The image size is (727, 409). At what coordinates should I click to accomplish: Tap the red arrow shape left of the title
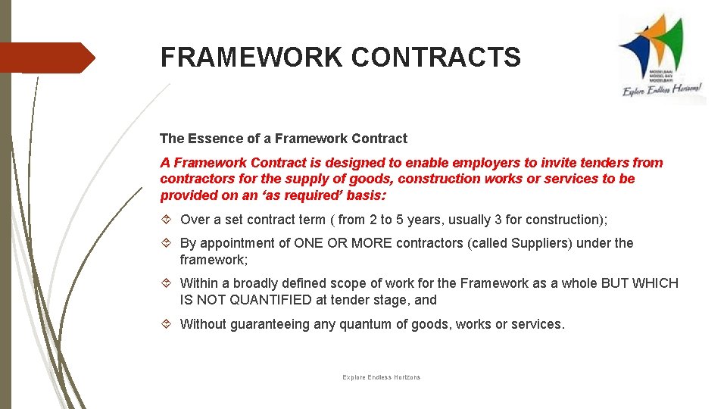[47, 58]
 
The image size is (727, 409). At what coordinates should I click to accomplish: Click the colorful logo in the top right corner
[661, 57]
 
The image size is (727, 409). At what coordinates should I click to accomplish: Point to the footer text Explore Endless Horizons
[381, 377]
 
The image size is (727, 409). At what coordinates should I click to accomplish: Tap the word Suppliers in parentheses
[542, 243]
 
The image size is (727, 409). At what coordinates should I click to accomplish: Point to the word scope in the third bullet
[342, 283]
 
